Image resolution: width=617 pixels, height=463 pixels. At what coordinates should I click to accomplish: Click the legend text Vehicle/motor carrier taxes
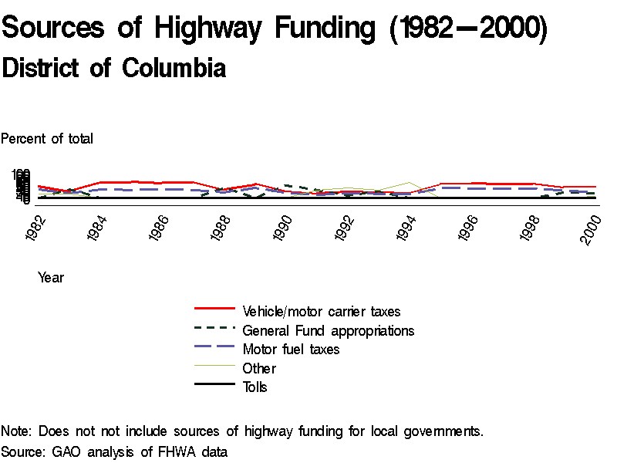321,312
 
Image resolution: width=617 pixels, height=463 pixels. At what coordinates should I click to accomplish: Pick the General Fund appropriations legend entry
328,330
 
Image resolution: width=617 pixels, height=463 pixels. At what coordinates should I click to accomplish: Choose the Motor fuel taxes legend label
291,350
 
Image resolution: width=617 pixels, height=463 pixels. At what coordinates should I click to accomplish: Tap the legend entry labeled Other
258,368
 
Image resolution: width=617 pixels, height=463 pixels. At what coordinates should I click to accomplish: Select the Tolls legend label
255,387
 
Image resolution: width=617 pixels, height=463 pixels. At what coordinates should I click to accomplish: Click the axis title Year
51,278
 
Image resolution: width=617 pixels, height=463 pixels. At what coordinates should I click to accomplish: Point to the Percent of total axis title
47,139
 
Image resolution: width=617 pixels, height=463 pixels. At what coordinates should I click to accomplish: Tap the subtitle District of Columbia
114,68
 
